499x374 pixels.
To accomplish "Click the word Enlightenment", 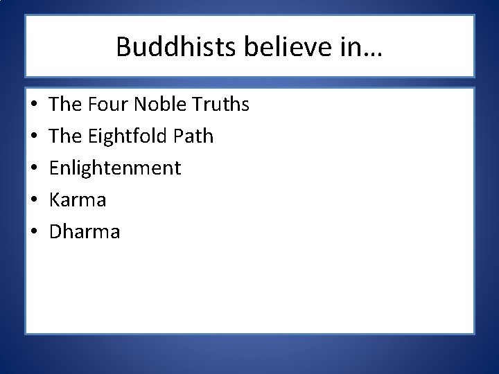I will (115, 168).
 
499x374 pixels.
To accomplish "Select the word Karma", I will (77, 200).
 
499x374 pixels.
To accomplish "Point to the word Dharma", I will (85, 231).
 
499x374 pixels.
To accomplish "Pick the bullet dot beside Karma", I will (33, 201).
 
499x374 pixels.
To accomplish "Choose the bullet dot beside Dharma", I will (33, 232).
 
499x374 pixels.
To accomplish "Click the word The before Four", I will (66, 105).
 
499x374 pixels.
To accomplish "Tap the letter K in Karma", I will (55, 200).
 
